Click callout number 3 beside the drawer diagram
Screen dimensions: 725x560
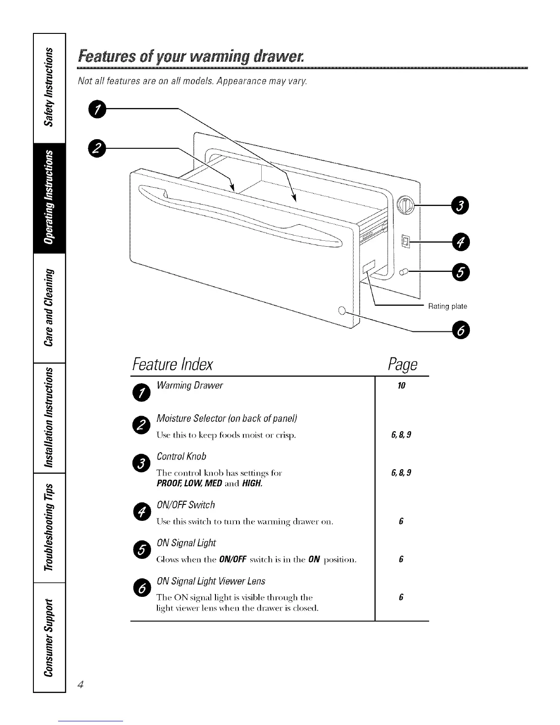(458, 206)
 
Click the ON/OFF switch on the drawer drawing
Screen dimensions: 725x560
(405, 240)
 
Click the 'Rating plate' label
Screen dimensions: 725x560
(447, 306)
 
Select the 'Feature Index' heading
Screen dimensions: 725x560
(172, 364)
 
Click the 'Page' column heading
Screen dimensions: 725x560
(402, 364)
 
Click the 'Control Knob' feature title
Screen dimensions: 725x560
(181, 456)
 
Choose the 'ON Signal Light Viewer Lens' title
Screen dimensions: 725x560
(210, 581)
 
